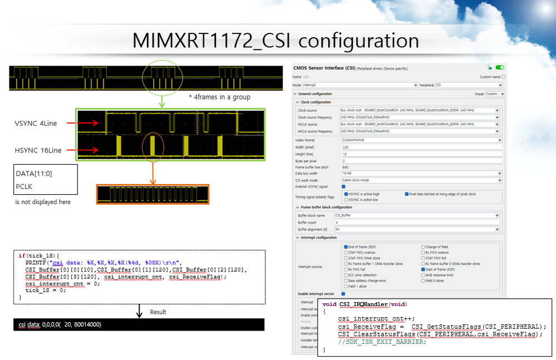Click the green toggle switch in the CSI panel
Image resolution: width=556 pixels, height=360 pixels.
(499, 67)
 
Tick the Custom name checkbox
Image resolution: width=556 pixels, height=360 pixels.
(504, 77)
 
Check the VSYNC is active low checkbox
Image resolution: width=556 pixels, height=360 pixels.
(346, 199)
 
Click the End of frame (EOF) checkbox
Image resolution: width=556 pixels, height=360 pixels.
(345, 246)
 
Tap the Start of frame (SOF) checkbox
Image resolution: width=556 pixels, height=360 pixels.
(422, 269)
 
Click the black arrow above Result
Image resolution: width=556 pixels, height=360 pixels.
(138, 312)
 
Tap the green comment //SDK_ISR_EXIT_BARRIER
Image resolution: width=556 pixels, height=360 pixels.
(385, 342)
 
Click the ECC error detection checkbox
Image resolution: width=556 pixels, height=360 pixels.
(345, 275)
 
